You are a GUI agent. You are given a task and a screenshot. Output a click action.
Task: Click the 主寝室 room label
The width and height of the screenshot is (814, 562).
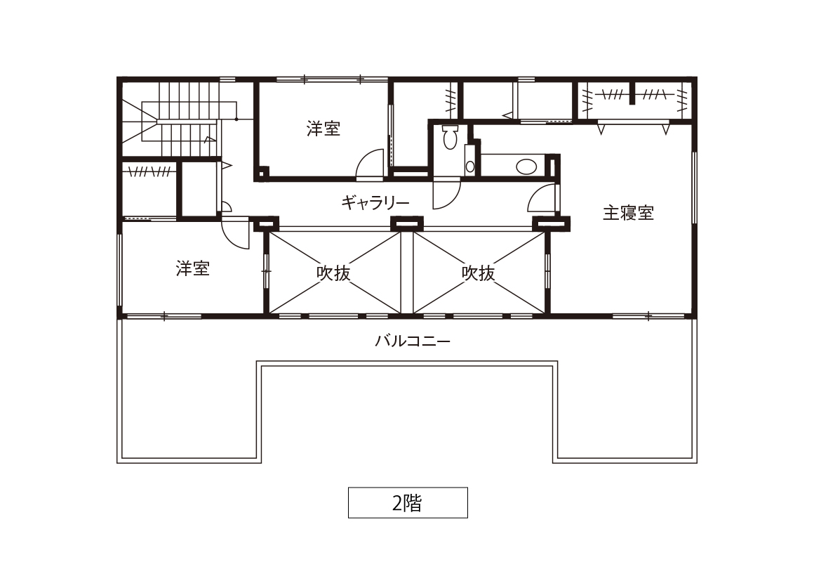click(x=627, y=213)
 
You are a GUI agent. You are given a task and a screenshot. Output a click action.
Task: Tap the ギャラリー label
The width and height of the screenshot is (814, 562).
click(x=375, y=202)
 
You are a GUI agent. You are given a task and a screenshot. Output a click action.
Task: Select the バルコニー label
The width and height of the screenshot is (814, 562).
click(x=413, y=341)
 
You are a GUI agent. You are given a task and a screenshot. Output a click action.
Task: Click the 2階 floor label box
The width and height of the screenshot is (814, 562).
click(x=408, y=503)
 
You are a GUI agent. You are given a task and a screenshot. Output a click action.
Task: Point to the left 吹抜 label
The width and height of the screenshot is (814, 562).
click(x=333, y=273)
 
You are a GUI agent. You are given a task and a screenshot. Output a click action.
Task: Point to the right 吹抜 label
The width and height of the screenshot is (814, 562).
click(x=478, y=273)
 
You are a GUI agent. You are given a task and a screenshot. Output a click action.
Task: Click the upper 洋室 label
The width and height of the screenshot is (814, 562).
click(x=323, y=129)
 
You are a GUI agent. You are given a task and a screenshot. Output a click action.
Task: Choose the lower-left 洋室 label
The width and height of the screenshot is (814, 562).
click(x=192, y=268)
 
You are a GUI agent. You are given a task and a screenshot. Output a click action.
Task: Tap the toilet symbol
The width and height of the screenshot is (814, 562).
click(x=450, y=136)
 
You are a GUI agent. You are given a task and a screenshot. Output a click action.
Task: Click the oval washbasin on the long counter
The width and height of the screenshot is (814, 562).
click(x=526, y=167)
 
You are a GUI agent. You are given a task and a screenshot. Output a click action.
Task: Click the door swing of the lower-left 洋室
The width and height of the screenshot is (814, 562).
click(x=235, y=233)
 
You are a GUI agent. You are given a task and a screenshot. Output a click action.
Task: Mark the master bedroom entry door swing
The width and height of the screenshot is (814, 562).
click(x=542, y=198)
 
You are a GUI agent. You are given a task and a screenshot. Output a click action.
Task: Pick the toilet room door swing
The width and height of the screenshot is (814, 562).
click(x=446, y=194)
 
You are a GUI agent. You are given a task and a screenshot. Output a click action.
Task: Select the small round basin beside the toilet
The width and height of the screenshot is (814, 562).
click(x=470, y=166)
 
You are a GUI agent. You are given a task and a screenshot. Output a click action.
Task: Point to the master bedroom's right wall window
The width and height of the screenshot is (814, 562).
click(x=693, y=188)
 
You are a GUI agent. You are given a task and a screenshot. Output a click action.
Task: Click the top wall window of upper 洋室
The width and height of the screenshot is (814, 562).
click(x=332, y=79)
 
